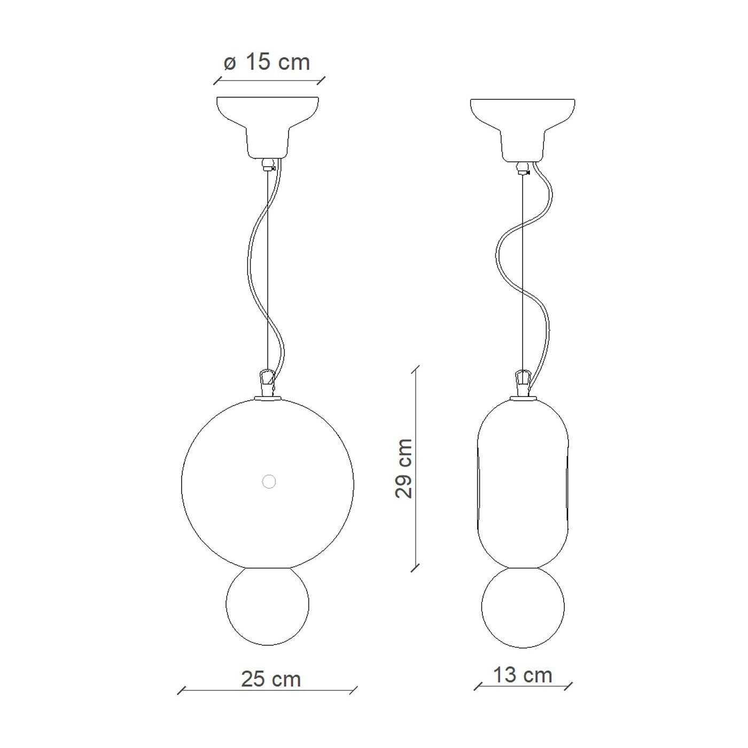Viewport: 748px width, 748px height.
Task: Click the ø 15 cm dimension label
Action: [267, 62]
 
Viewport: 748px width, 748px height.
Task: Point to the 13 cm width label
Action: [523, 675]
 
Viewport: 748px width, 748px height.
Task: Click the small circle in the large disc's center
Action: [269, 481]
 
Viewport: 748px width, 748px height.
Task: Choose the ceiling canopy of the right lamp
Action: [523, 129]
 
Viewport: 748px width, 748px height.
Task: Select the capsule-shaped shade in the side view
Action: [523, 484]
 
